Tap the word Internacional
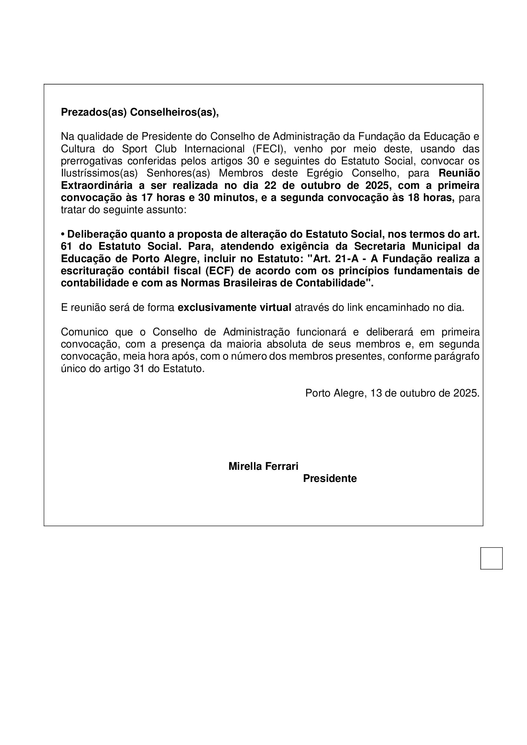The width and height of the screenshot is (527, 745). point(214,149)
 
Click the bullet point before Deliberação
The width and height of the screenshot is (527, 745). point(63,234)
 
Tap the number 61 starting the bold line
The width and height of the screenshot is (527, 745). point(67,247)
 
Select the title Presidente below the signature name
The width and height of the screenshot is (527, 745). point(330,479)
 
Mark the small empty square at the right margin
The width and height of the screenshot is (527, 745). point(491,558)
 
